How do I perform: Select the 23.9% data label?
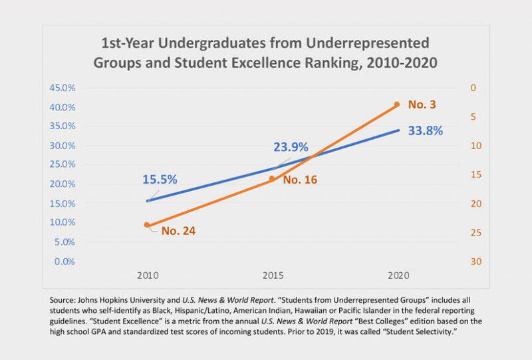point(291,147)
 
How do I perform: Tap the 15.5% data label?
point(159,179)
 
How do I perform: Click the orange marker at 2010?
point(147,225)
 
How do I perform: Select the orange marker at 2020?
point(397,104)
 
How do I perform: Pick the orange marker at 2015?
point(272,178)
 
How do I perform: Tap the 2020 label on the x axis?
point(397,275)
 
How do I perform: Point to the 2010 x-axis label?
point(147,275)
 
